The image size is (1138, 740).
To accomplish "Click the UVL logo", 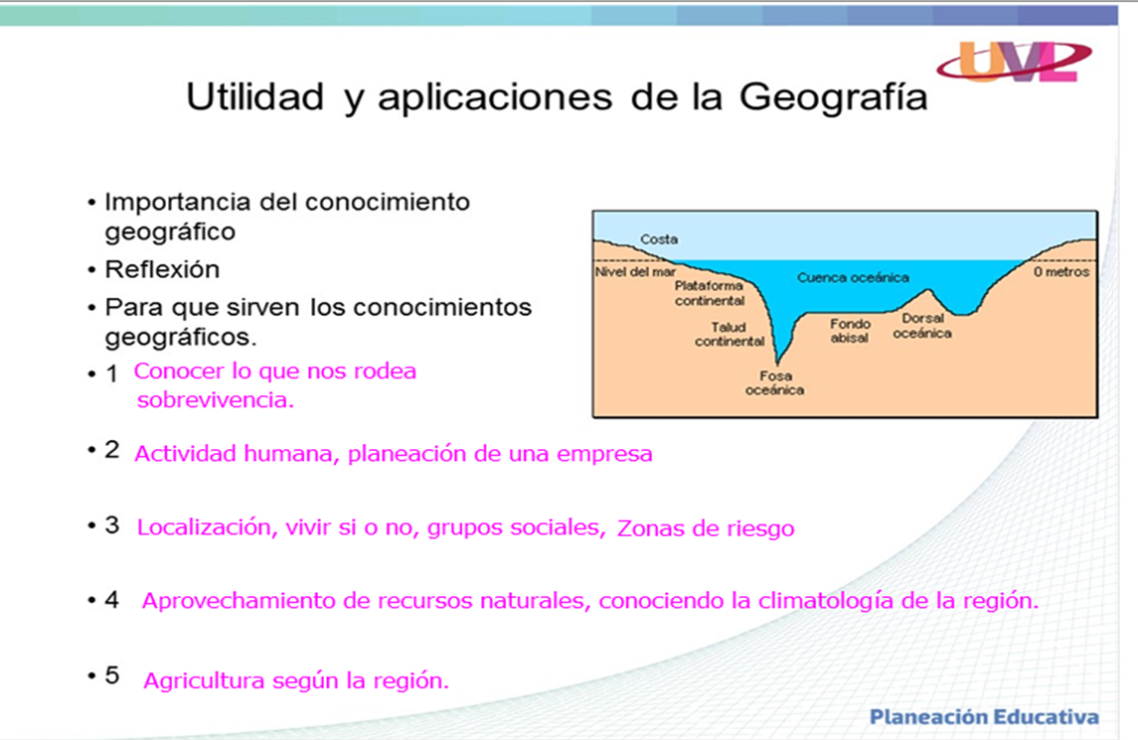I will (1013, 61).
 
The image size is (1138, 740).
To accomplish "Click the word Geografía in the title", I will (832, 97).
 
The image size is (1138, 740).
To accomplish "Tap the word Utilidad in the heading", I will (255, 97).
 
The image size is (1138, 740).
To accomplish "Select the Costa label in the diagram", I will (659, 239).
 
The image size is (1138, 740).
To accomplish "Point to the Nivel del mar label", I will (634, 271).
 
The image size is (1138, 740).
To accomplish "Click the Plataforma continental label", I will (710, 293).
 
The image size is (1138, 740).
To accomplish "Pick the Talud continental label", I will (730, 334).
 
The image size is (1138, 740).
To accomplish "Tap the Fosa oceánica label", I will (774, 383).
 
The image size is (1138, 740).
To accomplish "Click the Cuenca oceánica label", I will (853, 278).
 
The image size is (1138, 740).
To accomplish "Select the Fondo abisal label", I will (850, 331).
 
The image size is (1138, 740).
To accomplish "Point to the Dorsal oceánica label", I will (921, 326).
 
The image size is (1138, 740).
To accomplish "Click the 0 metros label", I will (1060, 271).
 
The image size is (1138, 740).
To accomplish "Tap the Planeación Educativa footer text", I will (984, 717).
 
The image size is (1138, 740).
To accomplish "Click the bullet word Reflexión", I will (162, 270).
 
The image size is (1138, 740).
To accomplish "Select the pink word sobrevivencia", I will (216, 401).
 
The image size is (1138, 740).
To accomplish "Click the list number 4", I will (112, 601).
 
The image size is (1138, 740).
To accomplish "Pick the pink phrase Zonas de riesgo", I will (706, 529).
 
